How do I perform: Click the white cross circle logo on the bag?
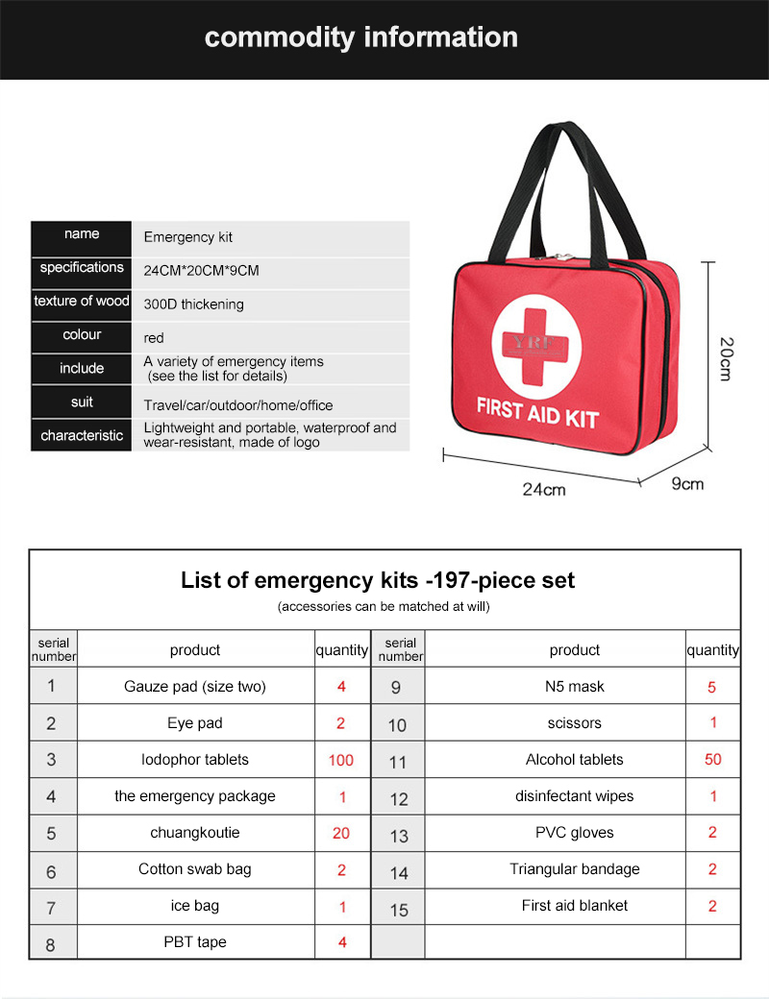536,344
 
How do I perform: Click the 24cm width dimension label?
544,489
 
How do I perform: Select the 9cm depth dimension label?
687,483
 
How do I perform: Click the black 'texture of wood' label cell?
82,302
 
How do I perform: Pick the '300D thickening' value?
194,305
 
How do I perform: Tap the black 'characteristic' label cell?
82,435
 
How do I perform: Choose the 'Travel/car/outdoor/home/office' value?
238,405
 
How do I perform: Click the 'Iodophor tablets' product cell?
195,760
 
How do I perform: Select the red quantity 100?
341,760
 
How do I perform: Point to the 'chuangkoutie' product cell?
195,833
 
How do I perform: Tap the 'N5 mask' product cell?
574,687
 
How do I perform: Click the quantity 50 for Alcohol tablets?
712,760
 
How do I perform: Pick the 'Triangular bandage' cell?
574,869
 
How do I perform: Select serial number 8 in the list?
50,944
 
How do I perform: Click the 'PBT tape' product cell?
195,942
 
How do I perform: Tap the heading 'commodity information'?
361,37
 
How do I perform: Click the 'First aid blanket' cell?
574,906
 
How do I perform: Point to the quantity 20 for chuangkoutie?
341,833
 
